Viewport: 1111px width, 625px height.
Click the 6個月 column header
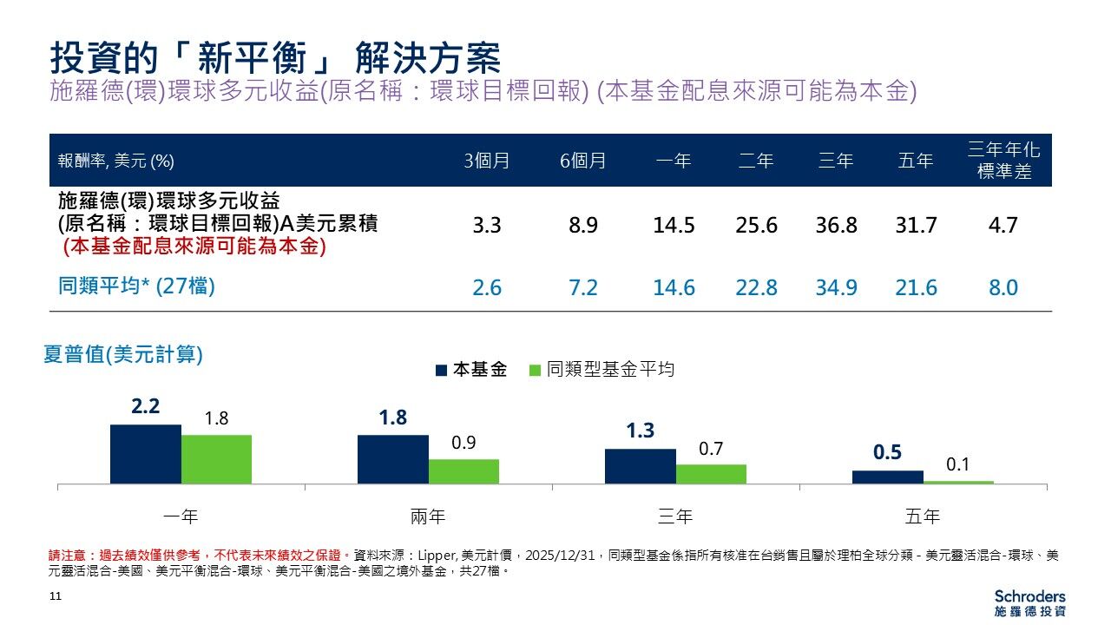(x=582, y=161)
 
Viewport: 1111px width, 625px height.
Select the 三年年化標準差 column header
(x=1003, y=161)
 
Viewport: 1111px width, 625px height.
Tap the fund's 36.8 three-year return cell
(x=836, y=226)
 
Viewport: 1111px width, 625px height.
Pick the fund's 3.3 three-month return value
(x=487, y=226)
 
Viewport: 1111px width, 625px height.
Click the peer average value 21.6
(x=916, y=287)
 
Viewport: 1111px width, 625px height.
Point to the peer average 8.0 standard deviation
(x=1003, y=287)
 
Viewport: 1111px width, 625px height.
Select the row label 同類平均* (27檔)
(x=136, y=286)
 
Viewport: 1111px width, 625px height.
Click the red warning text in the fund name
(x=194, y=247)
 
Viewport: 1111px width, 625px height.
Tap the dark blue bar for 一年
(x=146, y=454)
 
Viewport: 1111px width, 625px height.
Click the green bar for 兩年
(x=463, y=471)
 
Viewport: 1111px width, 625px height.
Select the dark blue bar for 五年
(x=888, y=477)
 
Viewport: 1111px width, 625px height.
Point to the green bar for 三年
(x=711, y=474)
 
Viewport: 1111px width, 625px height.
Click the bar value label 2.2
(x=146, y=406)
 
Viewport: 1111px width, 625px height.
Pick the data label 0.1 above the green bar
(x=958, y=465)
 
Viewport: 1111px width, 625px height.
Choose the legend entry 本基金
(x=471, y=370)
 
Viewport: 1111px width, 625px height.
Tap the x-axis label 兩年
(x=428, y=517)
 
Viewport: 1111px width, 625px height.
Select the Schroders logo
(x=1029, y=603)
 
